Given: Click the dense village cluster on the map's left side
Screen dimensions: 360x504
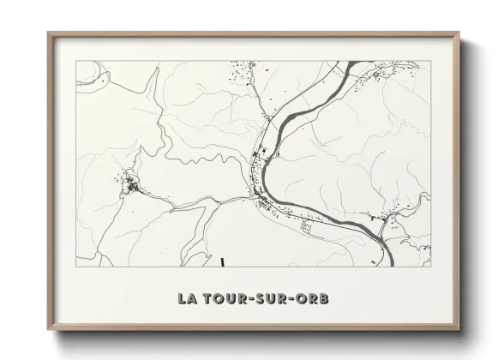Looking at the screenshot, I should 130,183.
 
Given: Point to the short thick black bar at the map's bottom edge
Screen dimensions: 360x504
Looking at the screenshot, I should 221,262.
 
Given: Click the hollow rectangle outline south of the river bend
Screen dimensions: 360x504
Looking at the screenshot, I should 306,225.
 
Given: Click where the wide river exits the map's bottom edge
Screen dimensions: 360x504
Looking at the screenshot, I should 387,265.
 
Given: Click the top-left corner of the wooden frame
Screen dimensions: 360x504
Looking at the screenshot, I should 49,33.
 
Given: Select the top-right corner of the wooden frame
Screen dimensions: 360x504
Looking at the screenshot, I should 459,33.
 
